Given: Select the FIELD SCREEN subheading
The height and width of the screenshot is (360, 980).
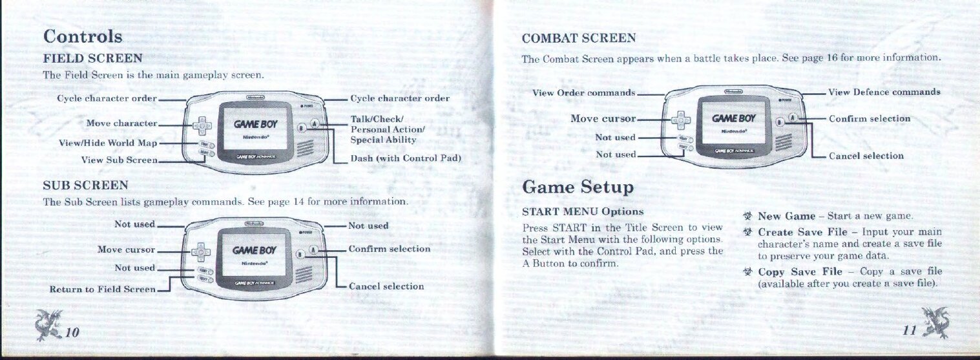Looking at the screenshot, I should [x=92, y=59].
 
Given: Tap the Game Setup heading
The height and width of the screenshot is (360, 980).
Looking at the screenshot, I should [x=578, y=187].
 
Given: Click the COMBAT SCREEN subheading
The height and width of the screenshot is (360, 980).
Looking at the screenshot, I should [x=579, y=38].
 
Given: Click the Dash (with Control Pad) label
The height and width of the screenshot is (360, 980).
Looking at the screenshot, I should [x=404, y=158].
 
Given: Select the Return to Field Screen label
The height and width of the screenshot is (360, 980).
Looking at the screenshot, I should [x=103, y=289].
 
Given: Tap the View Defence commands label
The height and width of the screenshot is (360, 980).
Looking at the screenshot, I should [x=884, y=92].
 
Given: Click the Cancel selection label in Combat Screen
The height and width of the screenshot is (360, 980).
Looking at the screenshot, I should [x=866, y=156].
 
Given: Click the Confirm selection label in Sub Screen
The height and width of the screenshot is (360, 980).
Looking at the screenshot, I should [x=389, y=249].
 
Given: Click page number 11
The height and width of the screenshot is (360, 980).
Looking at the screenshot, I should [x=910, y=331].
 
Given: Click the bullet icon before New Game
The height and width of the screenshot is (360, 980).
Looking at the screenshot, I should [x=749, y=216].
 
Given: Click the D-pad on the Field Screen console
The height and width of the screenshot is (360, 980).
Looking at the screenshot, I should [x=203, y=123].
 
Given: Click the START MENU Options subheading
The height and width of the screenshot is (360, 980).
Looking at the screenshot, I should [x=582, y=211].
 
